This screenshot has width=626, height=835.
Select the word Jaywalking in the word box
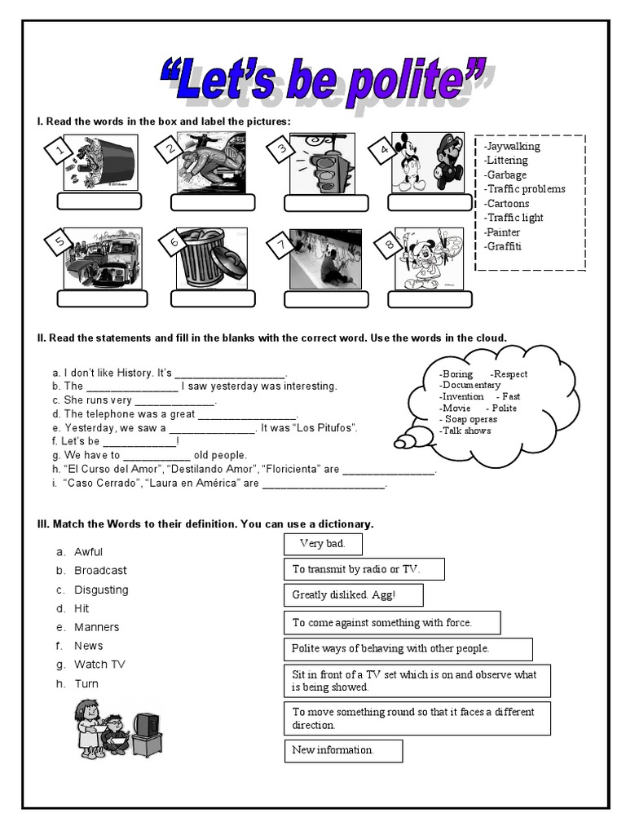pos(513,146)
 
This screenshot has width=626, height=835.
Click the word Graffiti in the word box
pos(504,246)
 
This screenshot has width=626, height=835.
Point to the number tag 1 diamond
pos(57,151)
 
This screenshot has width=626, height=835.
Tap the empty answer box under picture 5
pos(102,298)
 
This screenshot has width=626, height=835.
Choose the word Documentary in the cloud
pos(471,385)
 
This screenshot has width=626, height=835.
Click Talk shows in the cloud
pos(466,431)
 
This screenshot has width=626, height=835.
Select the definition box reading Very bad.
pos(323,544)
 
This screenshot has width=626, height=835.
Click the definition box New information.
pos(343,750)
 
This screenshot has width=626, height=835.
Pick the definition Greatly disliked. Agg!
pos(353,595)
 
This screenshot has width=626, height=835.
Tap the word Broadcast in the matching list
pos(100,571)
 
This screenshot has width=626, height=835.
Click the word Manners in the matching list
pos(96,627)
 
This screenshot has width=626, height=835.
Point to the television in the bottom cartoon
pos(146,726)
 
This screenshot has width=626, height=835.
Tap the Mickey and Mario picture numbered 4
pos(428,161)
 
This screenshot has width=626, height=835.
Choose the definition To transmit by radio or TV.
pos(364,569)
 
